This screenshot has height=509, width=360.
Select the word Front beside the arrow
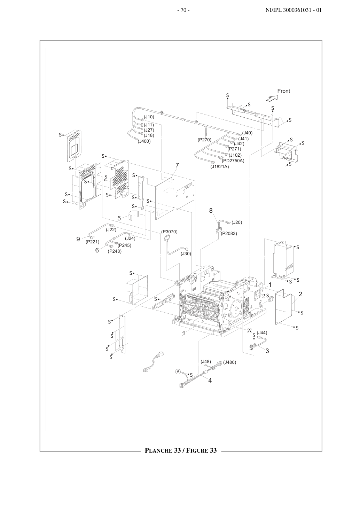pos(284,91)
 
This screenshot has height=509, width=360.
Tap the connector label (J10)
pos(149,117)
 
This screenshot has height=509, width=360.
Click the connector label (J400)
pos(144,141)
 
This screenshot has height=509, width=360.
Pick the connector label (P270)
pos(204,140)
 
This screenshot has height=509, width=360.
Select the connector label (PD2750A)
pos(233,161)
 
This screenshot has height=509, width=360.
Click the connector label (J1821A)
pos(220,167)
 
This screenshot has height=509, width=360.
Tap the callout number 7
pos(177,165)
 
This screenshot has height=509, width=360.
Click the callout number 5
pos(119,218)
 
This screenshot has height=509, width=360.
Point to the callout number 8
pos(211,211)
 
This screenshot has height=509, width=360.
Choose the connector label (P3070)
pos(169,232)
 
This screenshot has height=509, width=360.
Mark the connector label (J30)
pos(186,254)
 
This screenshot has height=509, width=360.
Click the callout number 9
pos(78,239)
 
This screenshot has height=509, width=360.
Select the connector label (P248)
pos(115,251)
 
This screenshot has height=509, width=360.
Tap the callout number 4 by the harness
pos(210,381)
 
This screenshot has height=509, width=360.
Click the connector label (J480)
pos(229,362)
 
